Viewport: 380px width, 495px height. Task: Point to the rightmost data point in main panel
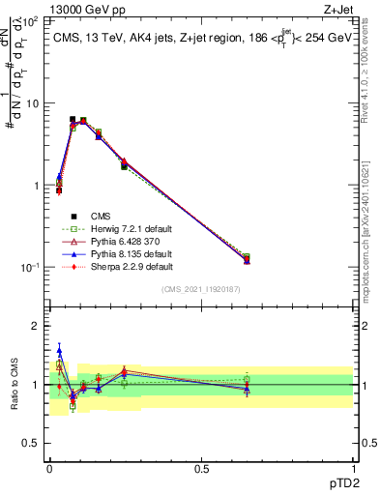coord(246,259)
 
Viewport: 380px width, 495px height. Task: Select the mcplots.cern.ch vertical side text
coord(372,232)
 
